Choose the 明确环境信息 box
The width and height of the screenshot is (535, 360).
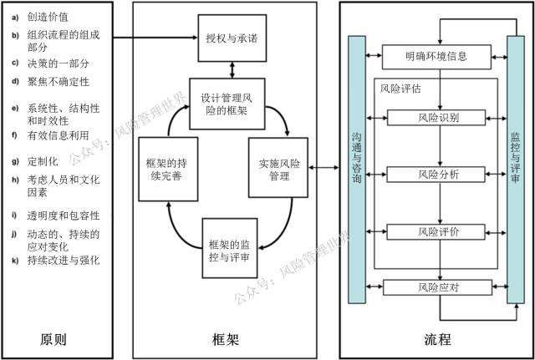436,57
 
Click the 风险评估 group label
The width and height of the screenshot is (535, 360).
400,87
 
